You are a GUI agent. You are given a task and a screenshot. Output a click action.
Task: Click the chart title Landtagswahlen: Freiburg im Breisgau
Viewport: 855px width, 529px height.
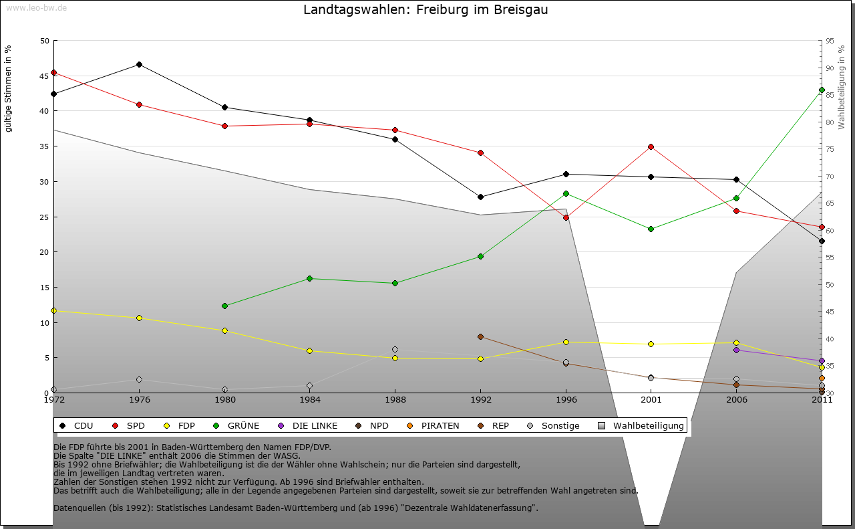click(x=425, y=10)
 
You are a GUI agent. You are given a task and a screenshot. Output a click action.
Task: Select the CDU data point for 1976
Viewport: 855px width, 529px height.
click(x=139, y=64)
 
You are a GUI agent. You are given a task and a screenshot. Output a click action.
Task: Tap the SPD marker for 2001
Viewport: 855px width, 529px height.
click(x=651, y=146)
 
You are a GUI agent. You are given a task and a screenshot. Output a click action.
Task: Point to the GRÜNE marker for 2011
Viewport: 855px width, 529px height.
click(x=822, y=90)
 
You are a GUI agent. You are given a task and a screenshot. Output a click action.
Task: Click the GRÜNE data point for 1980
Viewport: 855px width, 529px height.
click(x=224, y=306)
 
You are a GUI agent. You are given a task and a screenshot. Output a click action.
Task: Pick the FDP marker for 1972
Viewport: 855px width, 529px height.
click(x=53, y=310)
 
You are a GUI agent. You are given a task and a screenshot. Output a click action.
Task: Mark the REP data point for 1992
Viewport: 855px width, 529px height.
click(x=480, y=336)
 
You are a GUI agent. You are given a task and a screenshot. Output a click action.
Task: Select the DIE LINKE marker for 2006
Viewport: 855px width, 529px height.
click(x=736, y=350)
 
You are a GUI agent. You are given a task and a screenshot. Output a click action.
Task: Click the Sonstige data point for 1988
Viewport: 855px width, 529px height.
click(x=395, y=349)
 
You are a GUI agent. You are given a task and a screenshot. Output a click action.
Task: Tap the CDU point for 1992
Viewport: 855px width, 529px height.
click(x=480, y=197)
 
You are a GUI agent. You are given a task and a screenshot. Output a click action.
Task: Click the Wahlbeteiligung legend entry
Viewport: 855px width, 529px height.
click(x=642, y=425)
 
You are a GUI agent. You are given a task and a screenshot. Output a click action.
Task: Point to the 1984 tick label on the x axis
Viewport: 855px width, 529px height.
click(x=310, y=400)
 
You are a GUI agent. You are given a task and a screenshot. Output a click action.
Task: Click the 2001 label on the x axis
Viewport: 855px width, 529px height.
click(x=651, y=400)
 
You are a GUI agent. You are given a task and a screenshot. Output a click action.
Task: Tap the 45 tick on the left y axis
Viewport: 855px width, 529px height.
click(x=45, y=76)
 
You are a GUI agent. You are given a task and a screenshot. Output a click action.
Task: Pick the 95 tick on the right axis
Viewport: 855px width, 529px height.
click(x=830, y=41)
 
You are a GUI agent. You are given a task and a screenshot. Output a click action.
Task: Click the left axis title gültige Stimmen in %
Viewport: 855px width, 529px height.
click(x=8, y=89)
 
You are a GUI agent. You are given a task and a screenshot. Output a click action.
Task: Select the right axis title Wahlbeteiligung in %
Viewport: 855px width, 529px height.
click(x=841, y=87)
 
